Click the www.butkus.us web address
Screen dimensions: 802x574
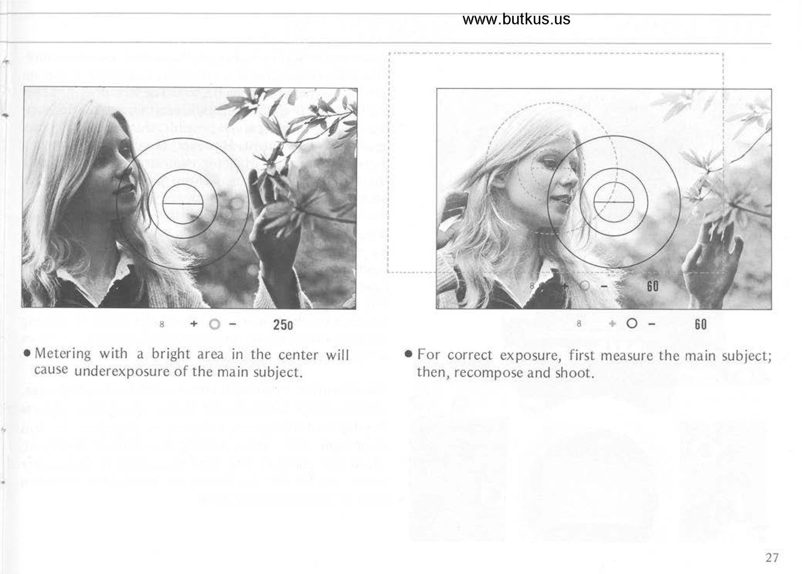pyautogui.click(x=516, y=19)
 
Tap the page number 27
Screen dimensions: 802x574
pyautogui.click(x=771, y=557)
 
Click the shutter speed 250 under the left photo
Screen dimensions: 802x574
pyautogui.click(x=283, y=325)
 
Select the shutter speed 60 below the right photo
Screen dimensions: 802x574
pyautogui.click(x=701, y=324)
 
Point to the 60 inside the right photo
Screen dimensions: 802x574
pyautogui.click(x=652, y=286)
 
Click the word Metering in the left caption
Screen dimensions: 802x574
pyautogui.click(x=63, y=354)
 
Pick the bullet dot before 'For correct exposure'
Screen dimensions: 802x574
pyautogui.click(x=408, y=354)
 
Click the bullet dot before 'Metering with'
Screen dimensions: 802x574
pyautogui.click(x=27, y=353)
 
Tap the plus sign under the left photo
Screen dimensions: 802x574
pyautogui.click(x=193, y=324)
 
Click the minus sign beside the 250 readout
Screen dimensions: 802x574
pyautogui.click(x=233, y=324)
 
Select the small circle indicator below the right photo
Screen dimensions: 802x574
pyautogui.click(x=632, y=323)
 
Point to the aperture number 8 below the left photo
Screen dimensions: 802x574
pyautogui.click(x=161, y=324)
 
